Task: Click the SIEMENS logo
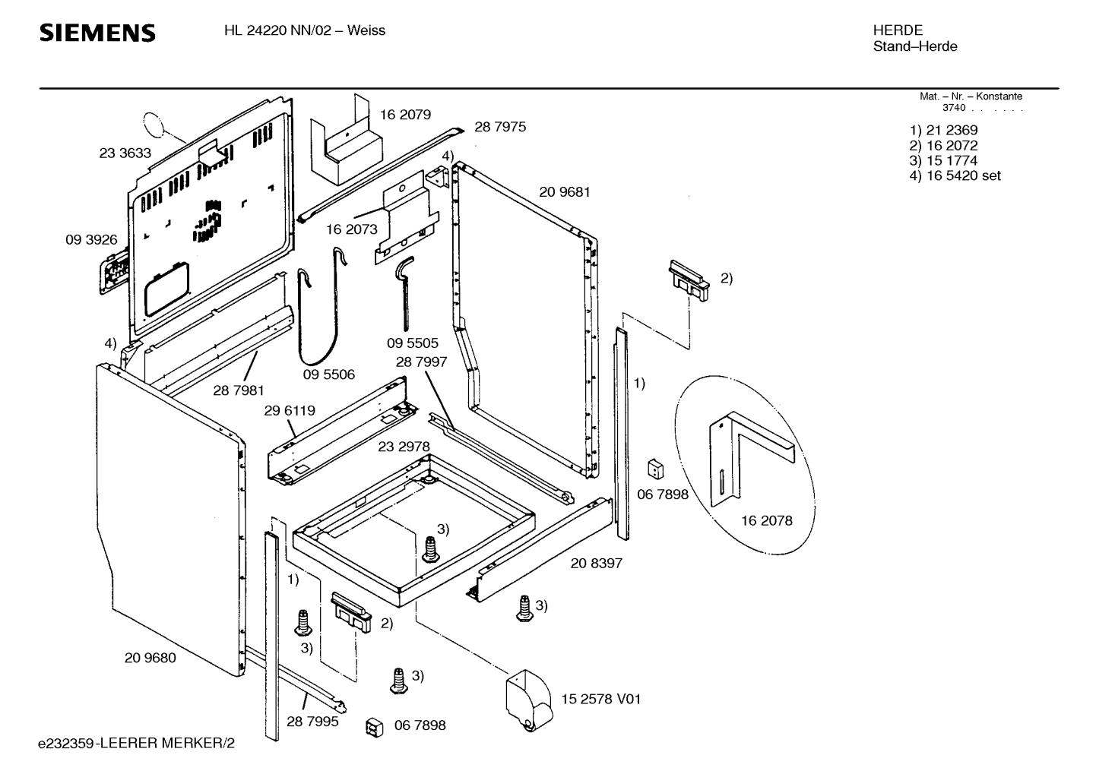pos(97,33)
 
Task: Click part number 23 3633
pos(125,153)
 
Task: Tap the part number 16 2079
pos(405,115)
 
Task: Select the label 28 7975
pos(500,127)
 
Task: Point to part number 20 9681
pos(565,192)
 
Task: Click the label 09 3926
pos(91,240)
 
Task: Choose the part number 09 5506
pos(329,374)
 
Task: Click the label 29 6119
pos(290,411)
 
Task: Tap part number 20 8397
pos(597,564)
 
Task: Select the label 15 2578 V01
pos(601,699)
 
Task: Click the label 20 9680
pos(150,658)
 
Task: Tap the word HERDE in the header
pos(898,30)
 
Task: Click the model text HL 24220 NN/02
pos(277,30)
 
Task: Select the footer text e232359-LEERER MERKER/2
pos(137,744)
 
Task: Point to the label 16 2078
pos(766,520)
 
